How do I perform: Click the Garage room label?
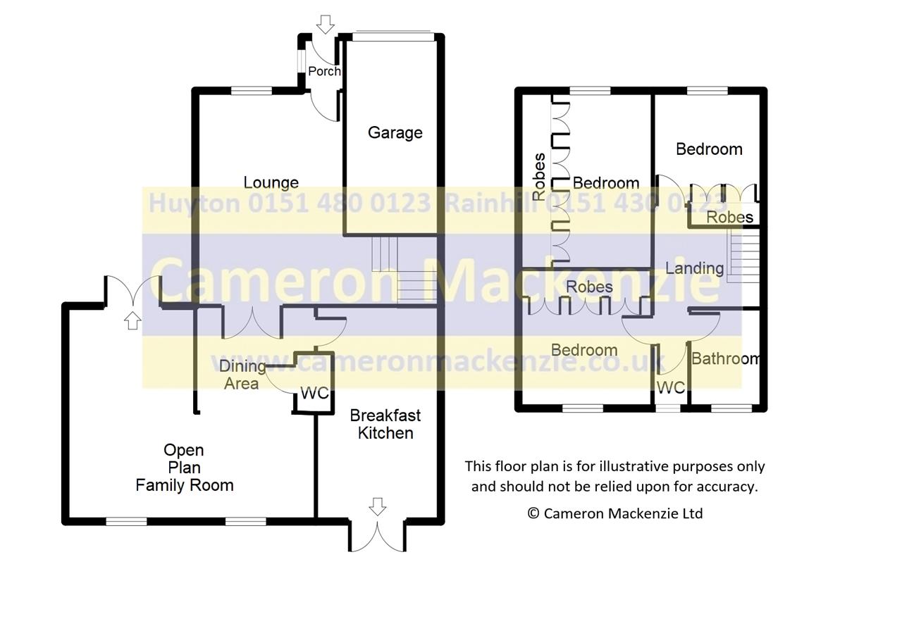point(395,133)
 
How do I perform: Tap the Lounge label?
point(271,182)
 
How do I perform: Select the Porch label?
point(324,71)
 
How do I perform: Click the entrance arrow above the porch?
point(326,25)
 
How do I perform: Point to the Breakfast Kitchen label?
point(385,424)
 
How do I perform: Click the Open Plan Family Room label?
point(185,468)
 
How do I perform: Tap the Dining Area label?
point(242,375)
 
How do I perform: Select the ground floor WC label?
point(315,393)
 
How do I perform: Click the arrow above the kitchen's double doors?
point(378,506)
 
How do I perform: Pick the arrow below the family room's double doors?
point(132,320)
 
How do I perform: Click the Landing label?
point(695,269)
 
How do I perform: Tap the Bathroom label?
point(725,358)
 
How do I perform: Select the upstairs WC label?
point(671,387)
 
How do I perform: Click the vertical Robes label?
point(539,177)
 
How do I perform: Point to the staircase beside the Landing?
point(743,256)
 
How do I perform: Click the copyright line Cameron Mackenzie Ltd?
point(615,513)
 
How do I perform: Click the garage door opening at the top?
point(393,36)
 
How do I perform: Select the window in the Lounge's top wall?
point(252,91)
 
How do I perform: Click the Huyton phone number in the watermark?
point(290,203)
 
